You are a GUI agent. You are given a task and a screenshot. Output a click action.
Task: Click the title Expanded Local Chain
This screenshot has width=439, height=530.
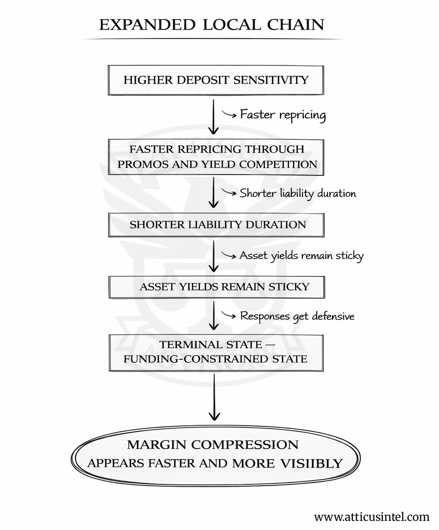click(x=212, y=25)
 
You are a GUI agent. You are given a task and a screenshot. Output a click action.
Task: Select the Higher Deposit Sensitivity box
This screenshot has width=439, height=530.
click(x=216, y=80)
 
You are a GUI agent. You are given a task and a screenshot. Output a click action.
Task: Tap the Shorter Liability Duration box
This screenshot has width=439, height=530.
click(x=216, y=225)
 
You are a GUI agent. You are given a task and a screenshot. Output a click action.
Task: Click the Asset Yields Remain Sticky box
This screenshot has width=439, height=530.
click(x=216, y=287)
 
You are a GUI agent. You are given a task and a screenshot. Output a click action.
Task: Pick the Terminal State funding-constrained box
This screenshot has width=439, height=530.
click(x=216, y=353)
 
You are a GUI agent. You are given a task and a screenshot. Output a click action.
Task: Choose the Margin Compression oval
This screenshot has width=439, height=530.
click(x=215, y=456)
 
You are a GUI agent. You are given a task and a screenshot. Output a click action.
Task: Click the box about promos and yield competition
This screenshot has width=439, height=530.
click(x=216, y=157)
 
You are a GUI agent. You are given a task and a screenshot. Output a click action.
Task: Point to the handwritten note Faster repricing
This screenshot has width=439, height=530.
click(x=283, y=115)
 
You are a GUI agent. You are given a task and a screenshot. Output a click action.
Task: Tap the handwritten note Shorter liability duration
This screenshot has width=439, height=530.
click(x=298, y=193)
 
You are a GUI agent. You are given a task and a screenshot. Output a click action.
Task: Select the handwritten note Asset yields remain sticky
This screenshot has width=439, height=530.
click(x=301, y=256)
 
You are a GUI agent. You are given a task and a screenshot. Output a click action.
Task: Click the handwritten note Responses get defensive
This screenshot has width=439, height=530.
click(x=297, y=316)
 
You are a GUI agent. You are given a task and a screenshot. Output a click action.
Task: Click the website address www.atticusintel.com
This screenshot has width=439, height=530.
click(x=372, y=517)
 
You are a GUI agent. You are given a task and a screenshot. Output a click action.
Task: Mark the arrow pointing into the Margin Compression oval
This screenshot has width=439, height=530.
click(x=214, y=397)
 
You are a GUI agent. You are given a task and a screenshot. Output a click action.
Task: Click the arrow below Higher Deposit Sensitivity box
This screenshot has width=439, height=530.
click(x=214, y=117)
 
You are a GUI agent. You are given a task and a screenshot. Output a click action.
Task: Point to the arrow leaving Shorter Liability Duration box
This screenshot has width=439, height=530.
click(x=214, y=256)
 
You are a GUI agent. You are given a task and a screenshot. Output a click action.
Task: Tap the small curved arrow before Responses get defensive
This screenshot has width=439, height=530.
click(x=229, y=315)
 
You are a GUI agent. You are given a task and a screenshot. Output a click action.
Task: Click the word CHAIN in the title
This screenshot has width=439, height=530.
click(x=296, y=25)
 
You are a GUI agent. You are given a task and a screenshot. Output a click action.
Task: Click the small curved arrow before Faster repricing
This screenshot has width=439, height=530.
click(x=229, y=114)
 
